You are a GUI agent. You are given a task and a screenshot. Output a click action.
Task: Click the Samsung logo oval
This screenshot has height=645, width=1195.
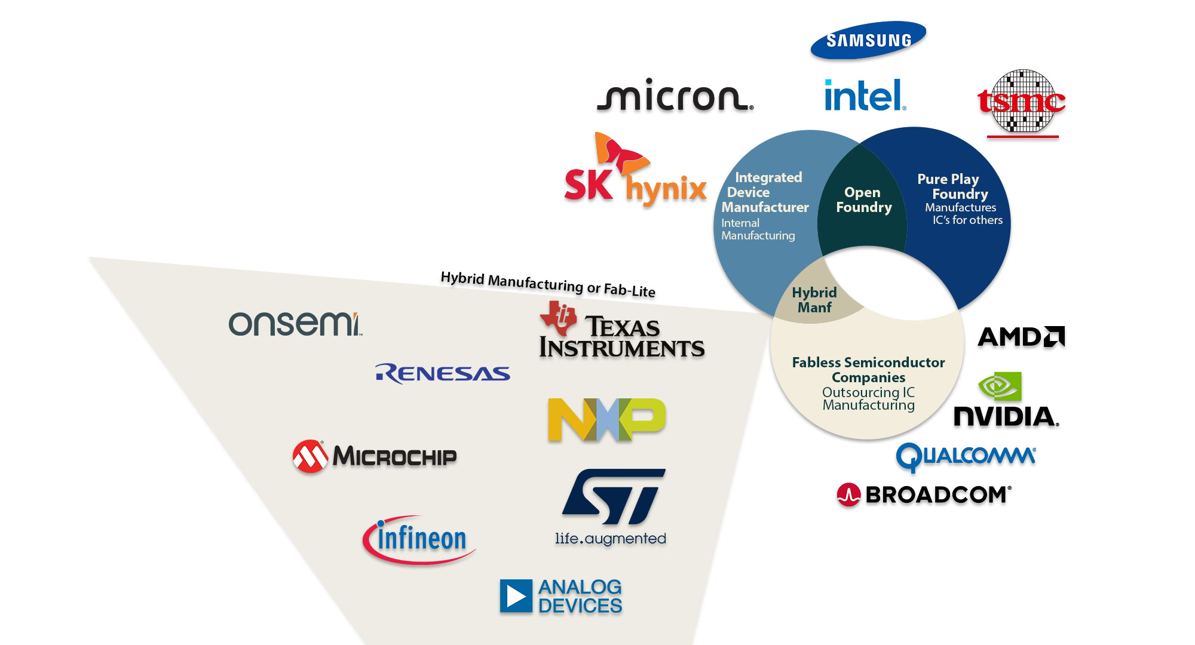pyautogui.click(x=868, y=41)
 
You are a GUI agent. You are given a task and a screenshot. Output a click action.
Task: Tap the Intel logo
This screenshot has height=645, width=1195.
pyautogui.click(x=865, y=96)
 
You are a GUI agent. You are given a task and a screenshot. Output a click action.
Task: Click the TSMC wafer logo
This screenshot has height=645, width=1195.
pyautogui.click(x=1022, y=102)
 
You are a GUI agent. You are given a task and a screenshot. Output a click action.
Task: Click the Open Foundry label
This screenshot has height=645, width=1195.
pyautogui.click(x=863, y=200)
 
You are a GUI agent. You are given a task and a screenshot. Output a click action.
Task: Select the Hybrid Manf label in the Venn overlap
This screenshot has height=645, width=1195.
pyautogui.click(x=814, y=300)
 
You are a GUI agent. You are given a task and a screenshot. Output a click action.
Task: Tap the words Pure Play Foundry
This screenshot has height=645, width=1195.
pyautogui.click(x=953, y=186)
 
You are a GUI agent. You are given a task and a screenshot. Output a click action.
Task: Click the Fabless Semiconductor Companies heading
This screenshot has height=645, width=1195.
pyautogui.click(x=868, y=370)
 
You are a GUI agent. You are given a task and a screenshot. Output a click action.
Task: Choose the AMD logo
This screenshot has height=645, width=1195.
pyautogui.click(x=1021, y=337)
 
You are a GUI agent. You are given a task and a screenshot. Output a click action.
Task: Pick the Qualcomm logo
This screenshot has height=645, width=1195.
pyautogui.click(x=966, y=457)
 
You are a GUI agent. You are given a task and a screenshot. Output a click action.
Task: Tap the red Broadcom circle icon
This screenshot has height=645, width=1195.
pyautogui.click(x=848, y=495)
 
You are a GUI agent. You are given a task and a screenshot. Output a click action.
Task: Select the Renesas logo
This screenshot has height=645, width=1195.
pyautogui.click(x=443, y=373)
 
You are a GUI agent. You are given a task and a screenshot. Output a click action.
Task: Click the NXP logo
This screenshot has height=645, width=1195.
pyautogui.click(x=606, y=420)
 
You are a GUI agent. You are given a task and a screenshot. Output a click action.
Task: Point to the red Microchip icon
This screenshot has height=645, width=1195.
pyautogui.click(x=310, y=457)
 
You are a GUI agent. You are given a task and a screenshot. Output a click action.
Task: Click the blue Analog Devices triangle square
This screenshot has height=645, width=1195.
pyautogui.click(x=516, y=596)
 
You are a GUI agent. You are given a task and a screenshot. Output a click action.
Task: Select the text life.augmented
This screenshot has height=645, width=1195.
pyautogui.click(x=610, y=539)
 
